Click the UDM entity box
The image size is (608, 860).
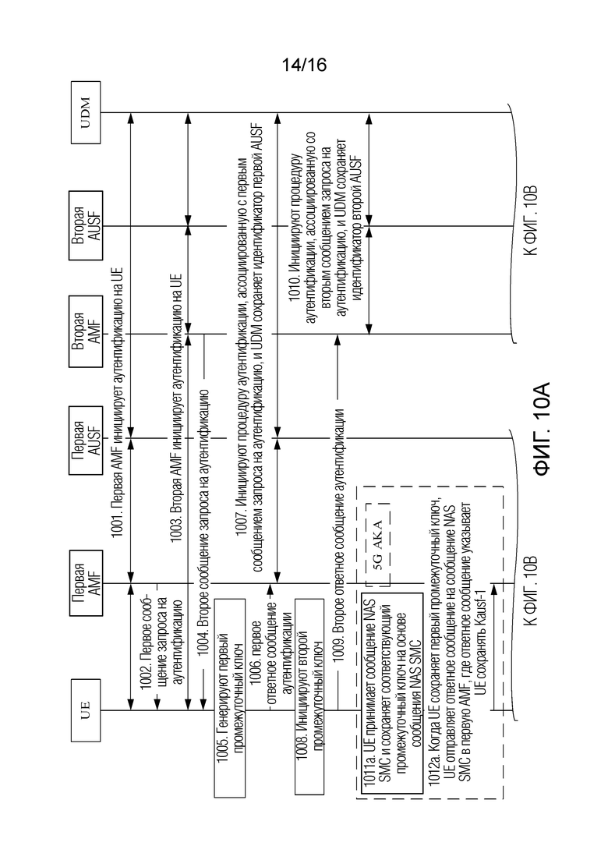click(86, 112)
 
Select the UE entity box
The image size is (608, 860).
click(86, 710)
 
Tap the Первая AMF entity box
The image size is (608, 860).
click(87, 582)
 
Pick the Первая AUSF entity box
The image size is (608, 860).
click(87, 439)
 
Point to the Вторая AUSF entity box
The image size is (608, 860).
click(87, 225)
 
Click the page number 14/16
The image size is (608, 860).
click(304, 65)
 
